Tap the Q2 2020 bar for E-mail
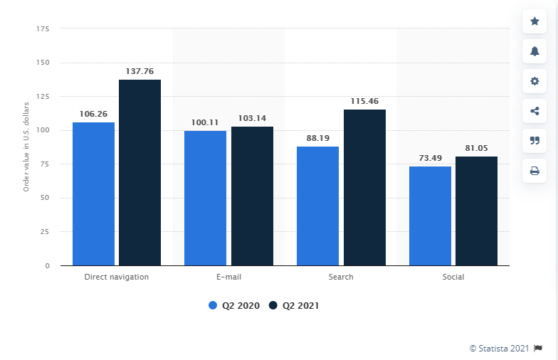click(x=205, y=198)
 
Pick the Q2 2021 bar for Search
click(x=364, y=187)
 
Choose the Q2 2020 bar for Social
click(x=430, y=216)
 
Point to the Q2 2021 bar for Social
click(x=476, y=211)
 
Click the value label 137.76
click(x=139, y=71)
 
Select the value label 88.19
click(x=317, y=138)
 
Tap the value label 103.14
click(x=252, y=118)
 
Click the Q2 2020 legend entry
click(x=234, y=305)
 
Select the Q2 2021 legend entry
click(x=294, y=305)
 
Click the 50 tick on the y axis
click(x=44, y=198)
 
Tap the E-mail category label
click(x=228, y=277)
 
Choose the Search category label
click(x=341, y=277)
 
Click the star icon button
click(x=535, y=21)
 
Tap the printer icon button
click(x=535, y=171)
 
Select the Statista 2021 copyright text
click(x=499, y=348)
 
